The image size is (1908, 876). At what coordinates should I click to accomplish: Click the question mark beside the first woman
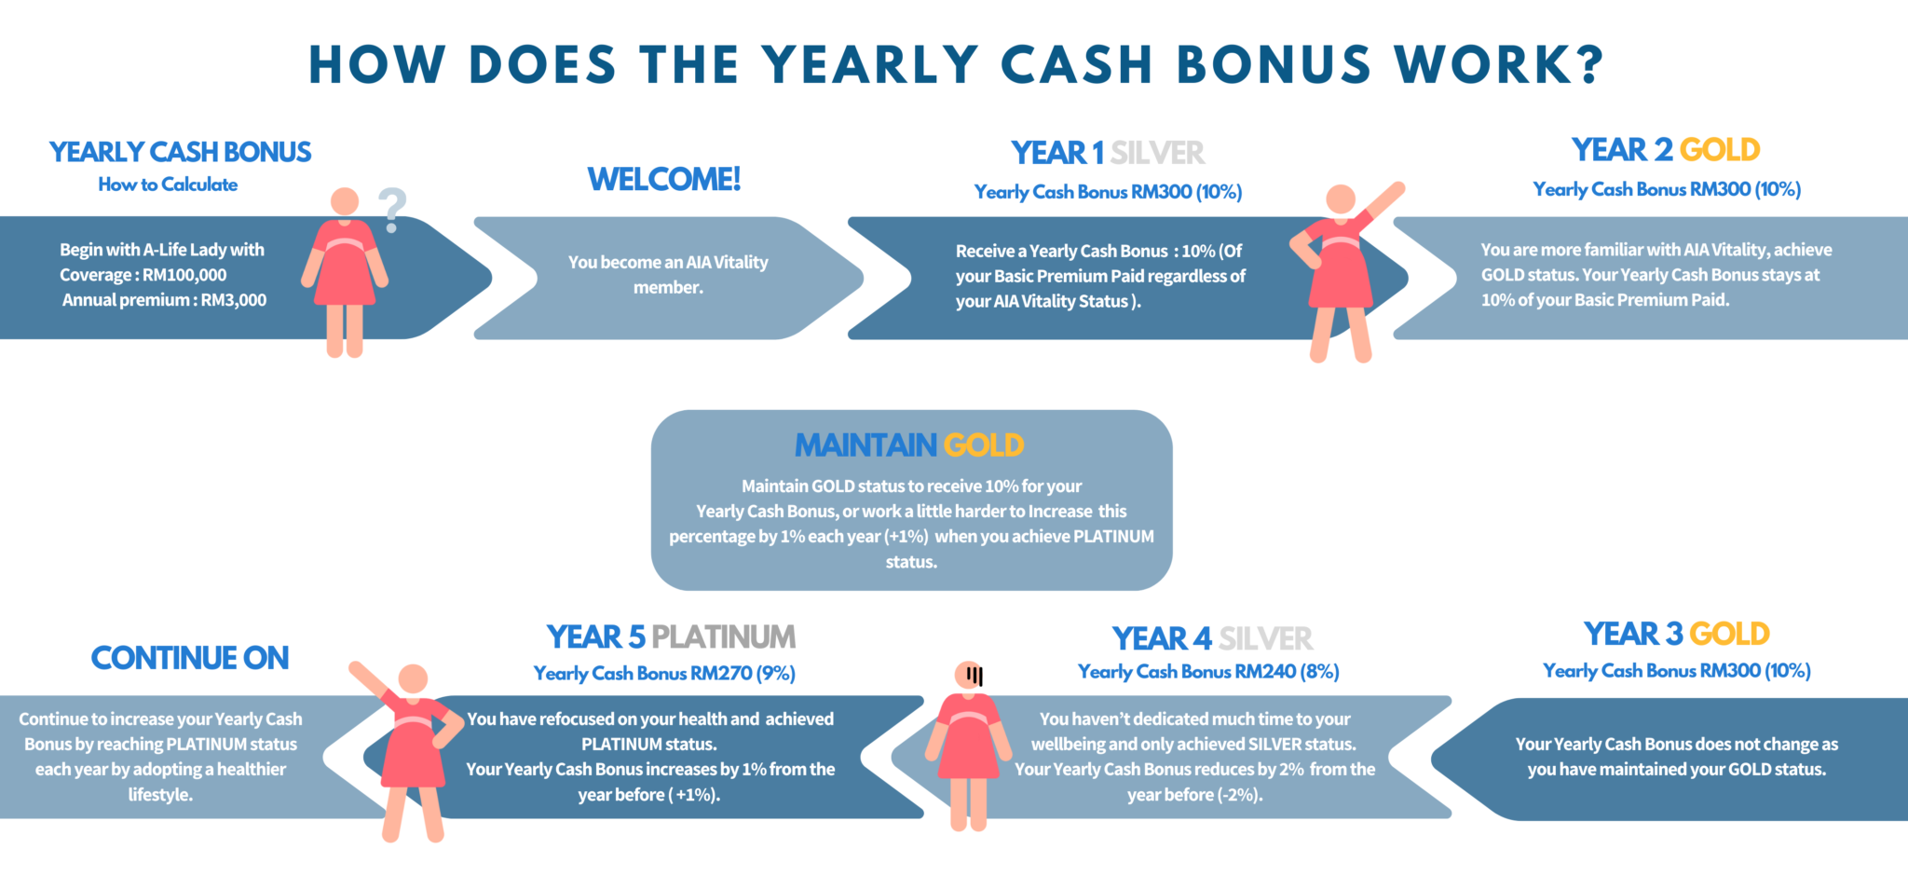click(x=392, y=210)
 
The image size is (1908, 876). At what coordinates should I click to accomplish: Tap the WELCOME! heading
click(x=664, y=179)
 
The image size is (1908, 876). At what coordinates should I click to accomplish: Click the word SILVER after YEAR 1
click(x=1157, y=152)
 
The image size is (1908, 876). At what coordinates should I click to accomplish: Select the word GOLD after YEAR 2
click(x=1720, y=149)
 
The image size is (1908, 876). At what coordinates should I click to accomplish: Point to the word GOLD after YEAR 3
click(x=1729, y=634)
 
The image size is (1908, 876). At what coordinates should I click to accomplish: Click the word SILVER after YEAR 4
click(x=1265, y=638)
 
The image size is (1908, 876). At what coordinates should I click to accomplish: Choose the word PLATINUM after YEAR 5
click(x=723, y=636)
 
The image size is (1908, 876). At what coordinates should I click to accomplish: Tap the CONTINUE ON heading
click(x=190, y=658)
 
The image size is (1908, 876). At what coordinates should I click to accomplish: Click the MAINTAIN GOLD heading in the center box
click(x=909, y=445)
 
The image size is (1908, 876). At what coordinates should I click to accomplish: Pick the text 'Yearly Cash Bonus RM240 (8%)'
click(x=1208, y=672)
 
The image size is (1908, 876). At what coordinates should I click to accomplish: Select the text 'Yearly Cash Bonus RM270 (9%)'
click(x=664, y=673)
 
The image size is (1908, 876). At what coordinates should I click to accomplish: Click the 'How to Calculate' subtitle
click(x=168, y=185)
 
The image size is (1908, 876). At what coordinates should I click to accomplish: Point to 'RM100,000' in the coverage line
click(x=184, y=275)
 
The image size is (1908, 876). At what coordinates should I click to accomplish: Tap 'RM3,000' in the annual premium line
click(x=234, y=300)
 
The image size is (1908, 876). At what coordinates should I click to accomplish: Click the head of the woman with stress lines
click(x=969, y=675)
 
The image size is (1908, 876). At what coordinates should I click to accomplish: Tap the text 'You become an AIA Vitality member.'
click(x=668, y=275)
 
